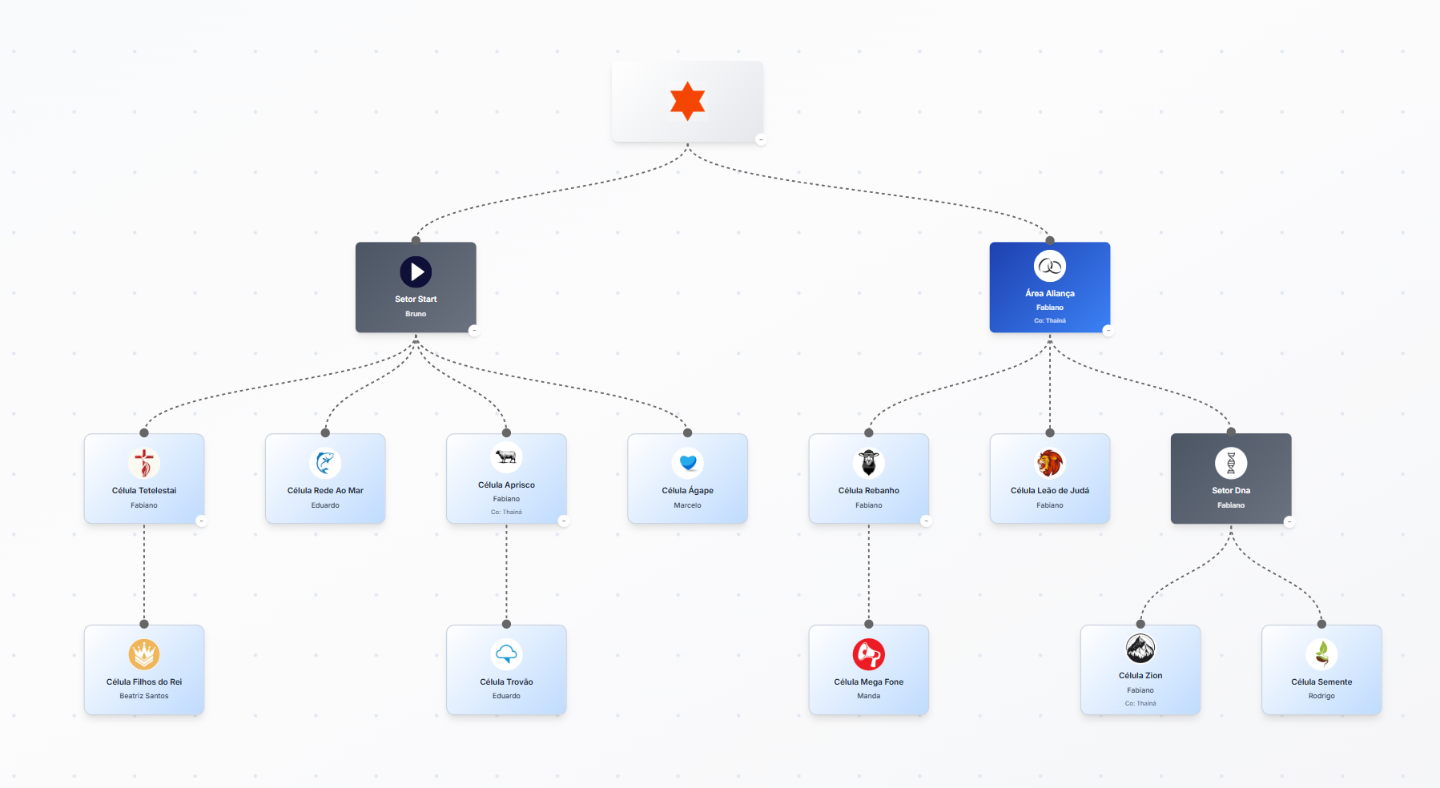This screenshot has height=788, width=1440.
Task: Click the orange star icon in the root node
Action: coord(687,101)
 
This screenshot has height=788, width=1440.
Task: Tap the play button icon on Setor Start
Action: coord(416,272)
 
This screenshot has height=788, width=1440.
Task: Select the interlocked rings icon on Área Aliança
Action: coord(1050,267)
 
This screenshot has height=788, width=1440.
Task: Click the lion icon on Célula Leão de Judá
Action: coord(1050,463)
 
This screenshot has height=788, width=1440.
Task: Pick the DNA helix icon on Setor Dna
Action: coord(1231,463)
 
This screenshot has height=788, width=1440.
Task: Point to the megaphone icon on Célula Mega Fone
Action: coord(869,654)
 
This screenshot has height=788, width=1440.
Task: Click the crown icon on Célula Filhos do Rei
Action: coord(144,654)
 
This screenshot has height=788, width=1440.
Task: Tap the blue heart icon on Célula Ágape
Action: coord(688,463)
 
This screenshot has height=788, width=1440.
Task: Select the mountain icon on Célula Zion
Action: coord(1140,649)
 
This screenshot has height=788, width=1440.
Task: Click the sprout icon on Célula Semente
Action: coord(1321,654)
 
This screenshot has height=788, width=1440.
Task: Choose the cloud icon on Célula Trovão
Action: coord(506,654)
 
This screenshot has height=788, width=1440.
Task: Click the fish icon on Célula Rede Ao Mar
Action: coord(325,463)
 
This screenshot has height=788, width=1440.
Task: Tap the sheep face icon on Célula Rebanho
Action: coord(869,463)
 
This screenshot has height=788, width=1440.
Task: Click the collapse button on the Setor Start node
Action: coord(473,330)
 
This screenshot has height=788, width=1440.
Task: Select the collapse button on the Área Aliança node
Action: coord(1108,330)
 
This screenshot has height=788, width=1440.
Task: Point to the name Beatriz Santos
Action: coord(144,696)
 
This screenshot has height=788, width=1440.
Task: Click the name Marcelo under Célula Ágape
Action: coord(688,505)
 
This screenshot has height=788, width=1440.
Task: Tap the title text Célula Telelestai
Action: coord(144,490)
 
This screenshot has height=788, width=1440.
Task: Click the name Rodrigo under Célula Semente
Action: coord(1321,696)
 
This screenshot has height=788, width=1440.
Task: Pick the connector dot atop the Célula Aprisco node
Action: coord(506,433)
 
